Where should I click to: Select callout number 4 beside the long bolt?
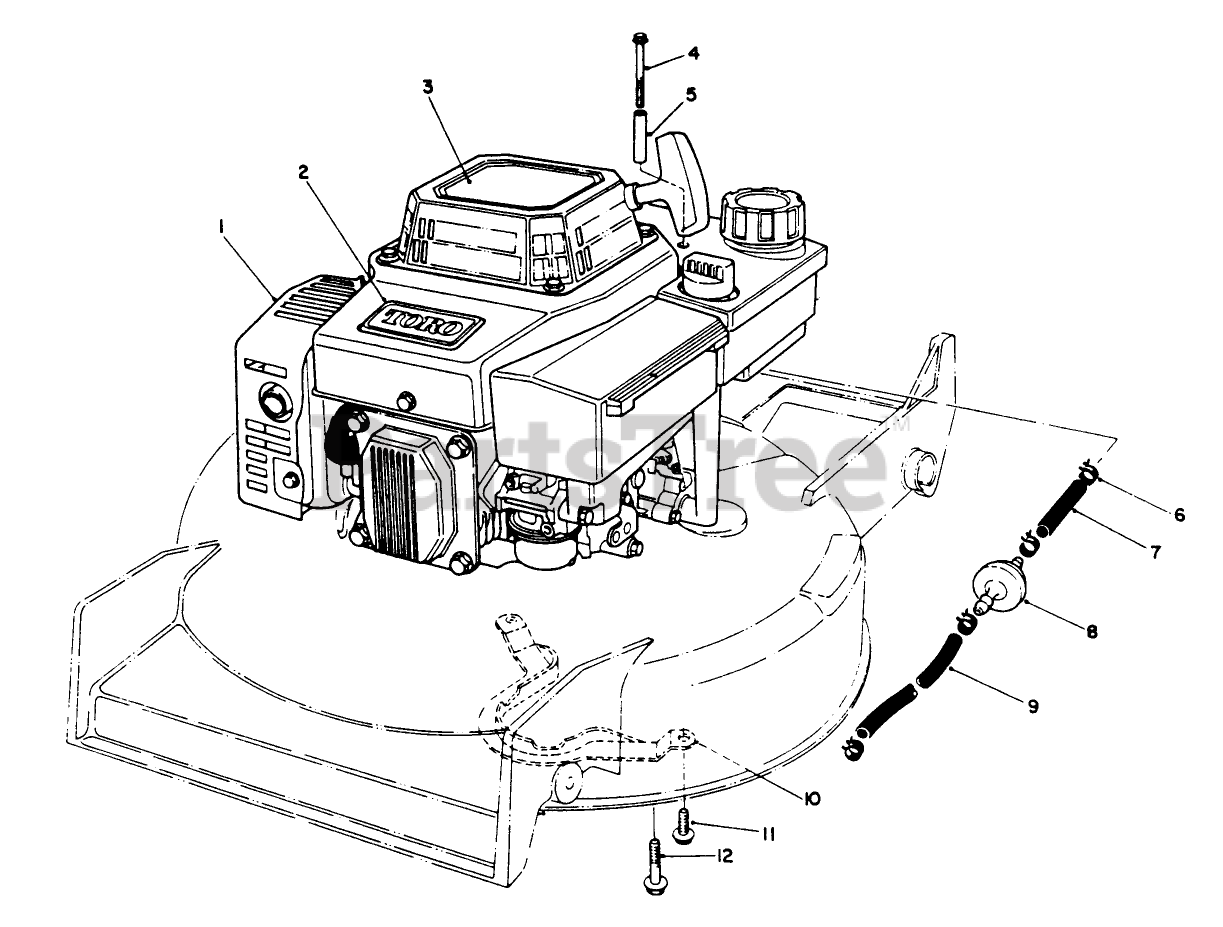(x=693, y=54)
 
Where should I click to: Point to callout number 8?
(x=1091, y=632)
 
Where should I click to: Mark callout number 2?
(x=303, y=172)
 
